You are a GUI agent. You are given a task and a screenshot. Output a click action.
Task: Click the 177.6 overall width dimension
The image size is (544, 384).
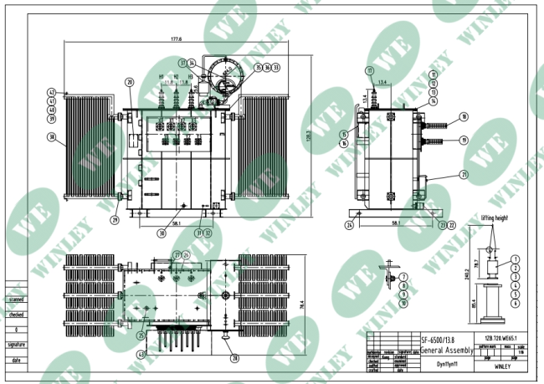pos(175,39)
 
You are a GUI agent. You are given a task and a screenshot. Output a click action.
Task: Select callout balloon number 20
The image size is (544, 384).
pos(130,82)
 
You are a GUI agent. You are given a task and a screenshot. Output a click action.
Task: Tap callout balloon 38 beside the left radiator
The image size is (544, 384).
pos(51,137)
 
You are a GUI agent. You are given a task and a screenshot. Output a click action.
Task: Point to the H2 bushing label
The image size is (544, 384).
pos(177,77)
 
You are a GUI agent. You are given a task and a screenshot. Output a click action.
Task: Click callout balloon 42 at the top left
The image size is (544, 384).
pos(51,92)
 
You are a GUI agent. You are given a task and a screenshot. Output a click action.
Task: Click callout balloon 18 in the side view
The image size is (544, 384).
pos(463,117)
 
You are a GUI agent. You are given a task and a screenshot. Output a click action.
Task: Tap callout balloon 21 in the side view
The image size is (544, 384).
pos(463,174)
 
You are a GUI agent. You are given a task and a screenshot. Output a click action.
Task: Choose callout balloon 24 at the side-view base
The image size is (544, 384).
pos(349,225)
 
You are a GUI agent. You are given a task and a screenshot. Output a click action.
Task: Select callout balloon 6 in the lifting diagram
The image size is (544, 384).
pos(516,294)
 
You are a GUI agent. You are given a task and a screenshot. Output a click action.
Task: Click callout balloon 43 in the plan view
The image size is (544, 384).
pos(140,354)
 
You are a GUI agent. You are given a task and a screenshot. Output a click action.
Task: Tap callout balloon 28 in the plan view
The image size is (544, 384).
pos(234,358)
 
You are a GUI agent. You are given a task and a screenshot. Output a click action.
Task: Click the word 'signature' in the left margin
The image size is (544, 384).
pos(16,344)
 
